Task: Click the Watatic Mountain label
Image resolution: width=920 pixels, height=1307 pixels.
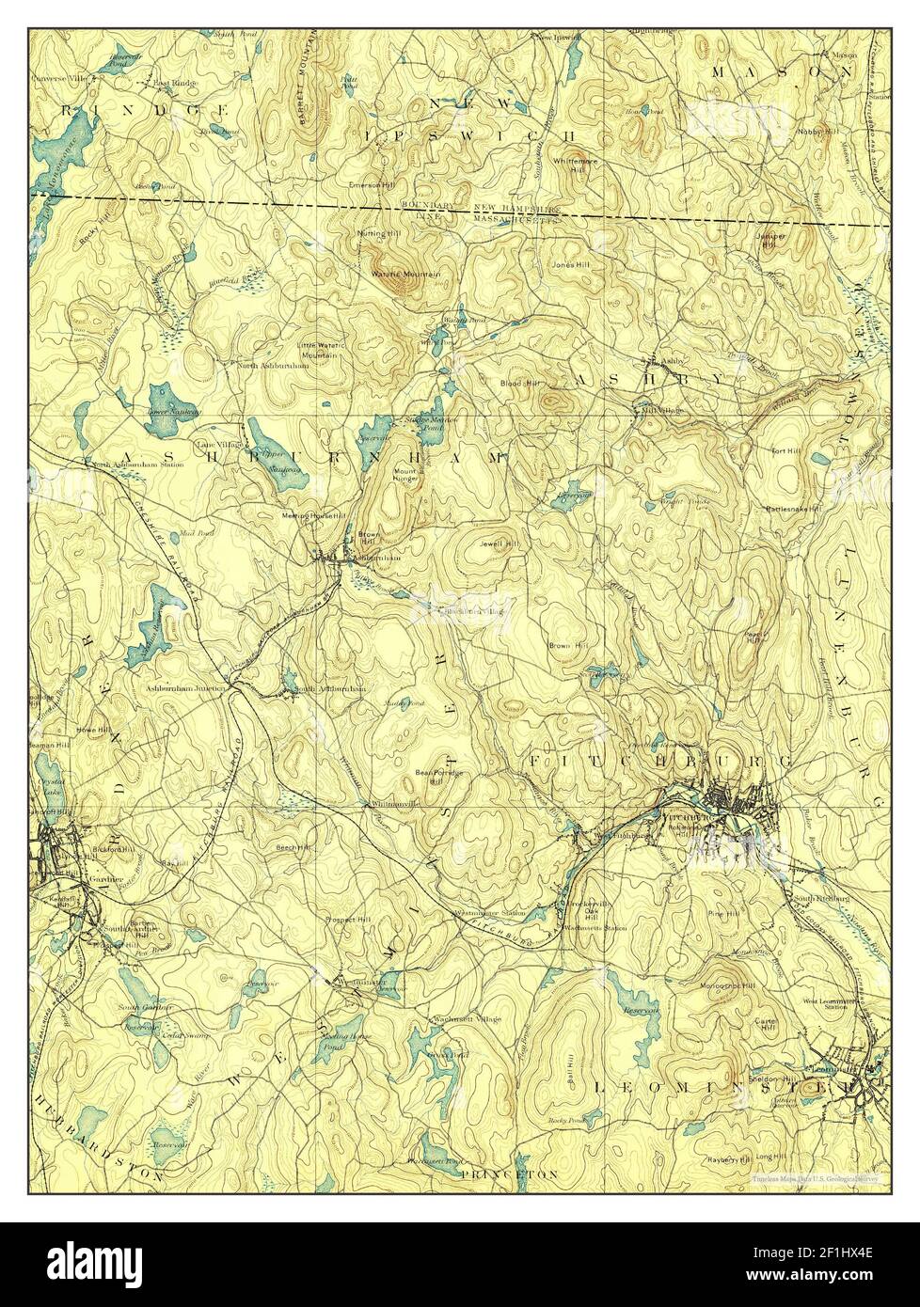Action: coord(406,274)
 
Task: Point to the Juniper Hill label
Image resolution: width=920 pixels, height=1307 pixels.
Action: coord(769,239)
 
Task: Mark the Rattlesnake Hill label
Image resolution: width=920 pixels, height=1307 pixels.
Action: coord(795,509)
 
